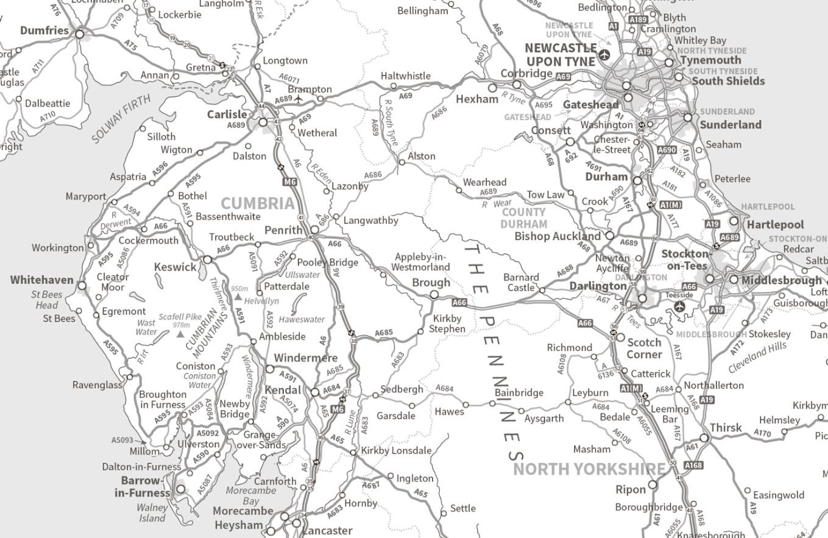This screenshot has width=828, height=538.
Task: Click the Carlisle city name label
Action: tap(227, 115)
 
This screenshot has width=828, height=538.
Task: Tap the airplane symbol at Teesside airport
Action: tap(679, 306)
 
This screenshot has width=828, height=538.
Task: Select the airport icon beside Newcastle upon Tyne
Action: tap(604, 55)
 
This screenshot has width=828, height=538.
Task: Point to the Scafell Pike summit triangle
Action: tap(180, 334)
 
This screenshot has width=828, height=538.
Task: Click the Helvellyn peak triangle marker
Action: tap(238, 297)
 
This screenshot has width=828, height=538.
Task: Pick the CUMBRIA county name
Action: tap(258, 204)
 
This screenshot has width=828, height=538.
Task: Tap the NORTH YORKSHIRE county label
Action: tap(589, 469)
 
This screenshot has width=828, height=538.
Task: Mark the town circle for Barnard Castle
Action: tap(542, 290)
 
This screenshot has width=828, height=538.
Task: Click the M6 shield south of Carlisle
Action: tap(289, 182)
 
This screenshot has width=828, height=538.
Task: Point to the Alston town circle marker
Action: tap(401, 162)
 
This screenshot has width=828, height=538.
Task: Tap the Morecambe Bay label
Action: tap(251, 495)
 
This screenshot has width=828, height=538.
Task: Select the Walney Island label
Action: tap(152, 512)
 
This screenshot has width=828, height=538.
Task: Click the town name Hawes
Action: tap(449, 412)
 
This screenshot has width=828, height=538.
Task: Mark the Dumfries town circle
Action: tap(79, 34)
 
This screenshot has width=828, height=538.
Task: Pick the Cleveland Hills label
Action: tap(757, 357)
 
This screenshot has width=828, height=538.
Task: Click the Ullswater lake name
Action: tap(302, 275)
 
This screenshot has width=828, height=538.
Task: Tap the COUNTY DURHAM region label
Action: tap(523, 218)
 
